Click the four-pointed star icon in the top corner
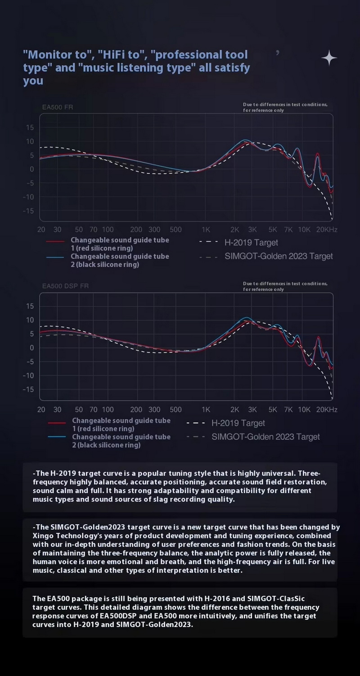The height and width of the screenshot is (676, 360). tap(329, 58)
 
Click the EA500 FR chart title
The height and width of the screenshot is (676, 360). tap(58, 107)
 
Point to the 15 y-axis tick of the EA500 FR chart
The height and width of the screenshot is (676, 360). tap(29, 127)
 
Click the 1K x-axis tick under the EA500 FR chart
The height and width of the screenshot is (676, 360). tap(206, 230)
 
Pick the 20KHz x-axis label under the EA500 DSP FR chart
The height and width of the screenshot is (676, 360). tap(326, 410)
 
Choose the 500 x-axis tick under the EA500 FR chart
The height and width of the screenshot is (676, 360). tap(175, 230)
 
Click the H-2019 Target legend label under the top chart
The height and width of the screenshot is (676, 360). tap(251, 243)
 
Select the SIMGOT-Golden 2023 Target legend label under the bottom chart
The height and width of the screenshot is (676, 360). tap(265, 437)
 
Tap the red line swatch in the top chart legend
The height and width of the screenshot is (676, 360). tap(56, 241)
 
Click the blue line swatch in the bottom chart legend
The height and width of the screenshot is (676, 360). tap(58, 437)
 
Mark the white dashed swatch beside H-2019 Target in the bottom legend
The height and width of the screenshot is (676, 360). tap(196, 424)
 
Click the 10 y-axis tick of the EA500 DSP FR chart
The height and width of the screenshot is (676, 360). tap(29, 320)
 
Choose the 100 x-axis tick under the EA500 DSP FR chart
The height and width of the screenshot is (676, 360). tap(108, 410)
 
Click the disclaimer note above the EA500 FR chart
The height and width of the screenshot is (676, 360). tap(285, 107)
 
